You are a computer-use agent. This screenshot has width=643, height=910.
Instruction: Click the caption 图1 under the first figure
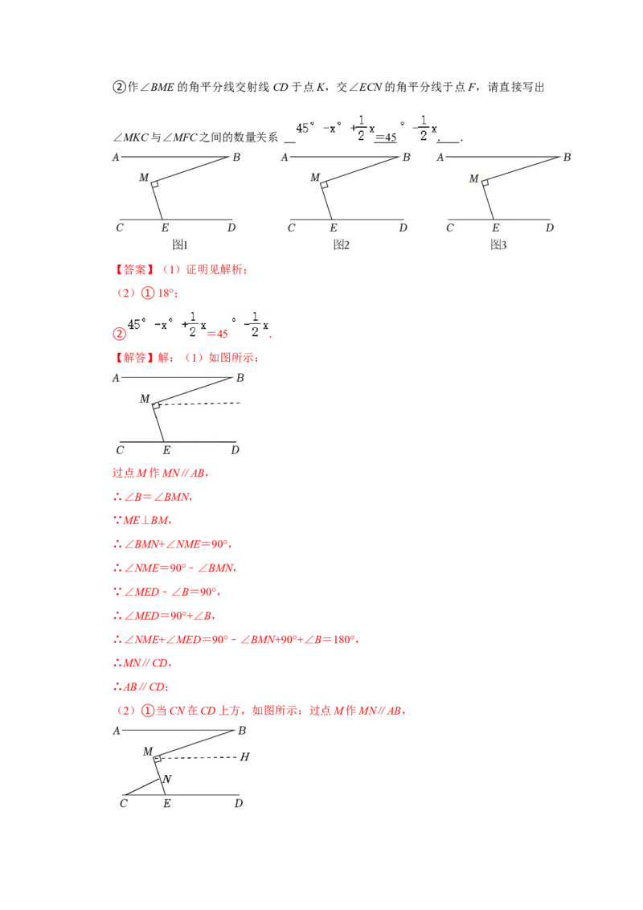click(x=180, y=245)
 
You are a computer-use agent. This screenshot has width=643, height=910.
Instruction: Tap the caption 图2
click(x=342, y=245)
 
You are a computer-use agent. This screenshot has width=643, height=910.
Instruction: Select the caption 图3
click(x=498, y=245)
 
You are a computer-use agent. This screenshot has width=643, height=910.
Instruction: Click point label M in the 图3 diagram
click(x=474, y=178)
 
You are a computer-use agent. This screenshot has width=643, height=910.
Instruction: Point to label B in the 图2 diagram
click(x=406, y=158)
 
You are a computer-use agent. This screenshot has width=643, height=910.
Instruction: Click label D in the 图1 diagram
click(x=231, y=227)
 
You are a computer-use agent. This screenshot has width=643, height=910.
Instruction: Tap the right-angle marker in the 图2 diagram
click(x=325, y=185)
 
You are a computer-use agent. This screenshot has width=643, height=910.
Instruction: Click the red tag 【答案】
click(x=134, y=269)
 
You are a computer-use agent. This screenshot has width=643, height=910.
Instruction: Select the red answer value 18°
click(x=166, y=293)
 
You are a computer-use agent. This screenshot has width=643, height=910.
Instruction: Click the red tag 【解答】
click(x=134, y=358)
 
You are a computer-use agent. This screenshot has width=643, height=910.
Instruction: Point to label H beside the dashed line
click(x=245, y=756)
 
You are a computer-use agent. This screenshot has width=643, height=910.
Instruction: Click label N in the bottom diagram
click(x=167, y=779)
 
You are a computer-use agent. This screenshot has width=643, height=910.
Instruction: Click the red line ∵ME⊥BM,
click(x=142, y=521)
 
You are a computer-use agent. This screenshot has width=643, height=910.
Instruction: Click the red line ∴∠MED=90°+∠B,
click(x=164, y=616)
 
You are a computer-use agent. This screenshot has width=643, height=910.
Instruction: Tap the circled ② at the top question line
click(x=119, y=87)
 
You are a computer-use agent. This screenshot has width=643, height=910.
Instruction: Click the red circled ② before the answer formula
click(x=119, y=334)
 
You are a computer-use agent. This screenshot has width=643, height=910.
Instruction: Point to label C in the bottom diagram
click(x=123, y=804)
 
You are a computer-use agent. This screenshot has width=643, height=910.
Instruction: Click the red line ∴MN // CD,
click(x=142, y=662)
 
